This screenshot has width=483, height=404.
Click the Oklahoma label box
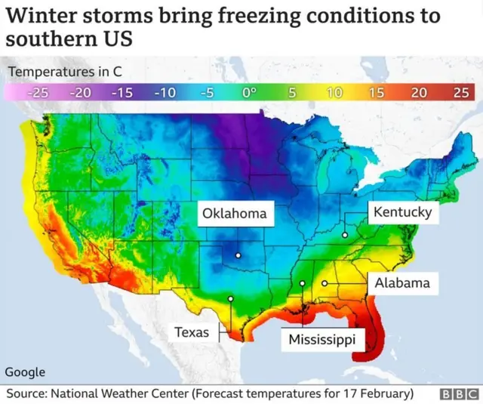234,214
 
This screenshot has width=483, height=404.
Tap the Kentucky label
402,211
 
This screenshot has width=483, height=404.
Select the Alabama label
401,283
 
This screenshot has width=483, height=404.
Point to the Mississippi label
321,340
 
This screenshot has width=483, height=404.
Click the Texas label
192,332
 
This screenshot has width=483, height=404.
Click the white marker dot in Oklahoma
237,255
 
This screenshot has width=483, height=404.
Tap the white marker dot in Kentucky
344,236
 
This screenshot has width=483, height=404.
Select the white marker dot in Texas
230,298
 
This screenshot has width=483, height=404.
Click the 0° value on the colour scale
249,92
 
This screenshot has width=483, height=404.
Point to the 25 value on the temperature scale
460,92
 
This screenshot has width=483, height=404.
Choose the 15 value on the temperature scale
376,92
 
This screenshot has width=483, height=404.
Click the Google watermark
25,372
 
